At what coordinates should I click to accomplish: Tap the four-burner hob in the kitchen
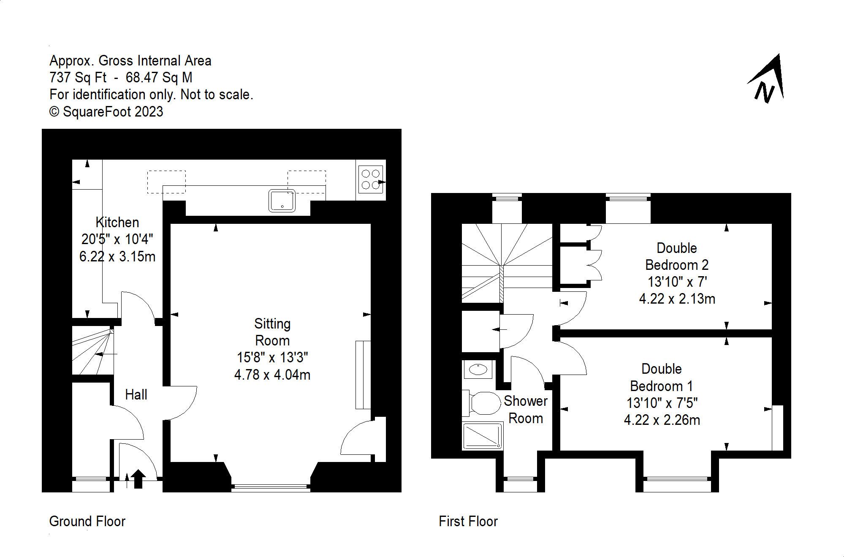[370, 179]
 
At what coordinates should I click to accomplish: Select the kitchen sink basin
[282, 200]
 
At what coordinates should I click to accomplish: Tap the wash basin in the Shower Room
[478, 370]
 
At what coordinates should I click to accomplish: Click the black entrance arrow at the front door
[138, 479]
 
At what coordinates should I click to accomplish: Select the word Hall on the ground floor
[136, 395]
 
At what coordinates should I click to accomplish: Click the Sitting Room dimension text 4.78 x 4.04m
[272, 375]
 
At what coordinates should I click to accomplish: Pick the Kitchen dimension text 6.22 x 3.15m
[117, 256]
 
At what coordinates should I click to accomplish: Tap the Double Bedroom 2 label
[677, 256]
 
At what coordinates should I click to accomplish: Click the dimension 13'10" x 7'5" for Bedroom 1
[662, 403]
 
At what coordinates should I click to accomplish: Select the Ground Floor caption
[87, 521]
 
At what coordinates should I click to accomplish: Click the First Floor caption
[468, 521]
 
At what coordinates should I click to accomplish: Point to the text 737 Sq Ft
[78, 78]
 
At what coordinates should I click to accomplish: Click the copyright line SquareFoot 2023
[106, 111]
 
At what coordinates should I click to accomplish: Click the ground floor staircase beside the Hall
[92, 351]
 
